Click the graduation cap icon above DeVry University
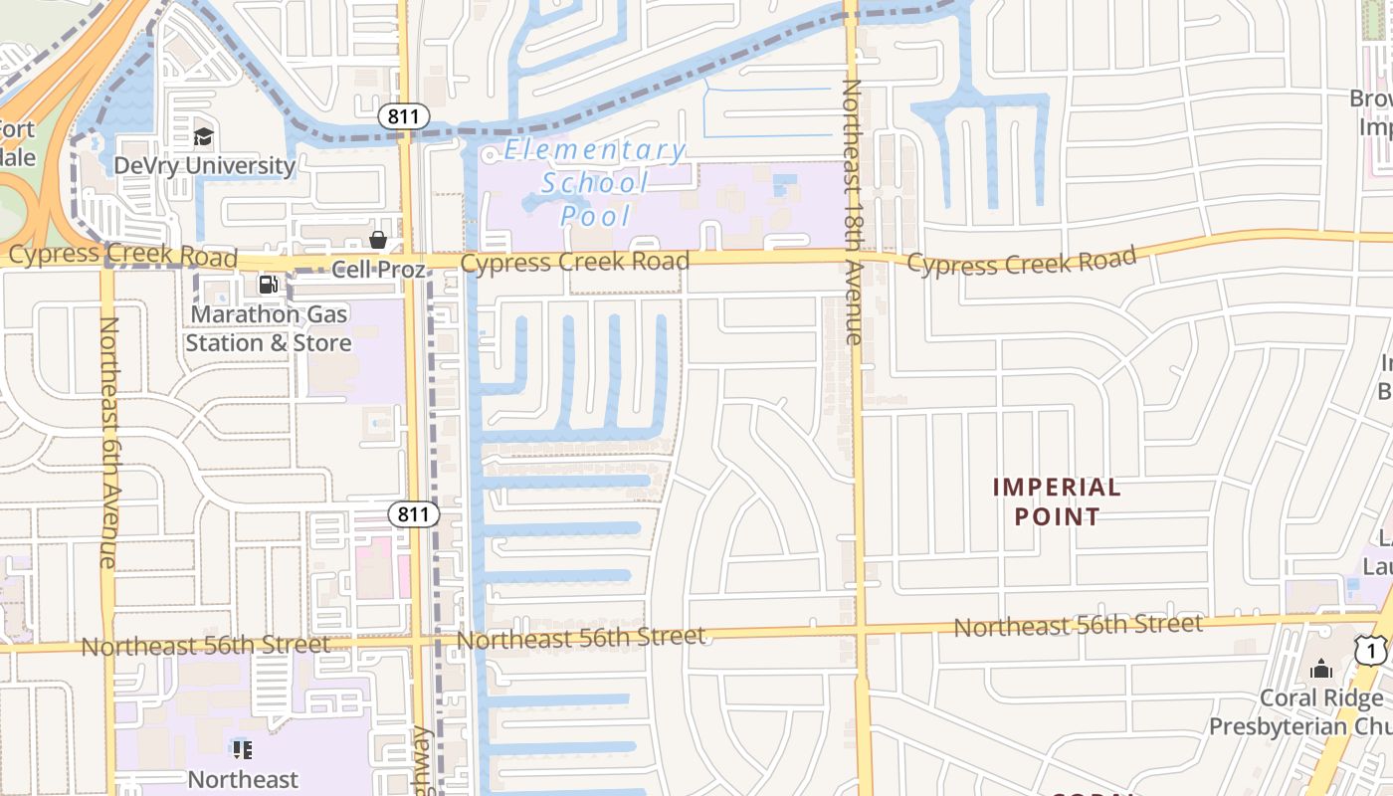point(204,136)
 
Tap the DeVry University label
point(204,165)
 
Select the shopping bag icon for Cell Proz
point(378,240)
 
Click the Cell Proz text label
point(378,269)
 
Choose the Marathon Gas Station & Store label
point(269,328)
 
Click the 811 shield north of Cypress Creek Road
point(403,116)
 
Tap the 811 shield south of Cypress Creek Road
point(412,514)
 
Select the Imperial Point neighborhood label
point(1057,501)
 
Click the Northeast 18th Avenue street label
point(852,212)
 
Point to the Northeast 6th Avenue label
point(108,442)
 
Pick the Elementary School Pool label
point(595,182)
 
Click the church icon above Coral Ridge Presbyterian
point(1320,669)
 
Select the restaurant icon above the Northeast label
point(242,749)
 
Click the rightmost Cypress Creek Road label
point(1021,263)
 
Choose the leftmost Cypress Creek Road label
point(122,255)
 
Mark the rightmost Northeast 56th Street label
point(1078,626)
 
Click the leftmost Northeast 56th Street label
point(205,646)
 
